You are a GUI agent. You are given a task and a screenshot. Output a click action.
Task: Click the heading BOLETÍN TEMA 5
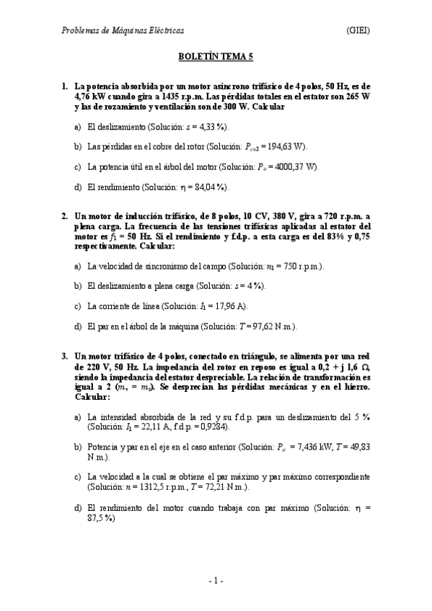pos(216,54)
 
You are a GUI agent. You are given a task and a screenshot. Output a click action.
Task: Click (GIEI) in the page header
pos(358,30)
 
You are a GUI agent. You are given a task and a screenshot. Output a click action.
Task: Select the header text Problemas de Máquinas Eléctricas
pos(123,30)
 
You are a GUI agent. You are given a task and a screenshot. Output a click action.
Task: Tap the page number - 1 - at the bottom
pos(216,581)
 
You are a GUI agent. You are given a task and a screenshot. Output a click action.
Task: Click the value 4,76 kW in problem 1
pos(90,97)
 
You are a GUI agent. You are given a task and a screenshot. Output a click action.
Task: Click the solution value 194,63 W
pos(286,147)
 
